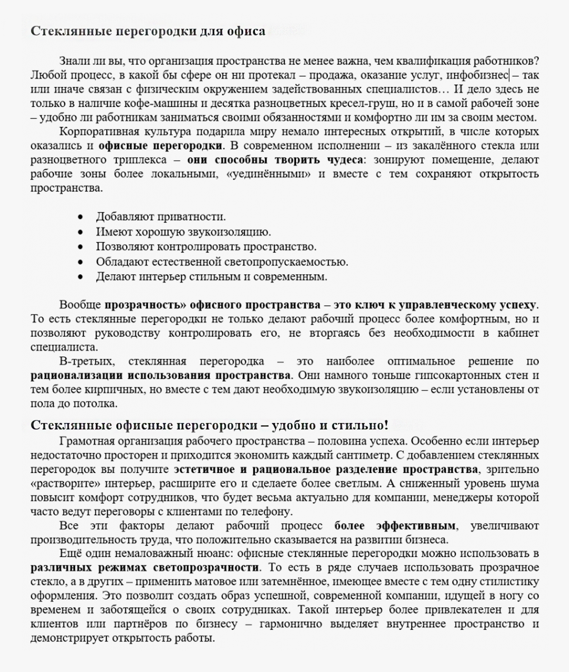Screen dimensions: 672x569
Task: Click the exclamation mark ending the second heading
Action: pos(386,425)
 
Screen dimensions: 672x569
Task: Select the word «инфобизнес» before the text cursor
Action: pos(477,75)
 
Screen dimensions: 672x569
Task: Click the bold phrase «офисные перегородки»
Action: pos(160,146)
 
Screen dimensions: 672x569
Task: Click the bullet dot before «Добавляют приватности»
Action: pos(80,217)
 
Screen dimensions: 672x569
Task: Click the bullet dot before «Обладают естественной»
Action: pos(80,262)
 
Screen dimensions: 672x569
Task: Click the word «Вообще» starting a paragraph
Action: pos(80,305)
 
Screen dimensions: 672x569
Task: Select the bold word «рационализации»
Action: pos(77,375)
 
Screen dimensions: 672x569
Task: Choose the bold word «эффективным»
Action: pos(416,526)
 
